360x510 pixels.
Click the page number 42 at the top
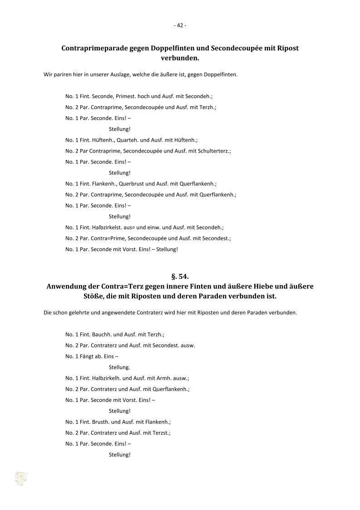(180, 25)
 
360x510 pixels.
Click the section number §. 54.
(180, 276)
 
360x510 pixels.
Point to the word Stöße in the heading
(88, 296)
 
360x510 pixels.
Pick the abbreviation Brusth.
(100, 421)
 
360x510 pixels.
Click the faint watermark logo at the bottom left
(21, 478)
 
